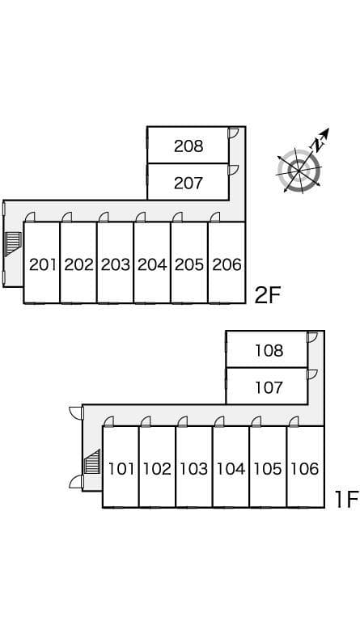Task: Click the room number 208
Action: tap(188, 146)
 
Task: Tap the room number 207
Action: tap(188, 183)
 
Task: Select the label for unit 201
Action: tap(43, 264)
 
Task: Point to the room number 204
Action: tap(152, 264)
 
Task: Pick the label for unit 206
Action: tap(227, 264)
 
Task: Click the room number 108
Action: tap(269, 350)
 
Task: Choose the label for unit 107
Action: tap(269, 387)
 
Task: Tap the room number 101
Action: tap(121, 469)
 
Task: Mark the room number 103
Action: tap(194, 469)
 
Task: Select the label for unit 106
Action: tap(305, 469)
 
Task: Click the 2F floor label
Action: tap(267, 295)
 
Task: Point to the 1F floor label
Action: tap(346, 499)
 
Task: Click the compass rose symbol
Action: tap(299, 171)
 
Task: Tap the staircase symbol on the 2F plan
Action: tap(12, 244)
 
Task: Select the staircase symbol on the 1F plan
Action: tap(92, 462)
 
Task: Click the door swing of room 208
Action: tap(234, 133)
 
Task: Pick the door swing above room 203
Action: tap(104, 218)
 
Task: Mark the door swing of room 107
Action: tap(313, 374)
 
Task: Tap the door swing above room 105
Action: tap(256, 422)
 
